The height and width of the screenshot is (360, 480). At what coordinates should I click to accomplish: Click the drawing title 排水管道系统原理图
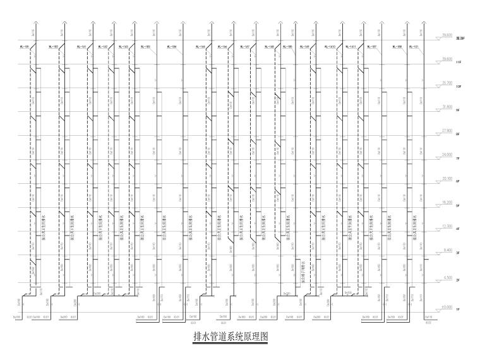point(230,337)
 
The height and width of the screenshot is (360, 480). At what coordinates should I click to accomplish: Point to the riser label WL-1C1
point(415,47)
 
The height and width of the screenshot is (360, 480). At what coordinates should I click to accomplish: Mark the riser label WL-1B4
point(171,47)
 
